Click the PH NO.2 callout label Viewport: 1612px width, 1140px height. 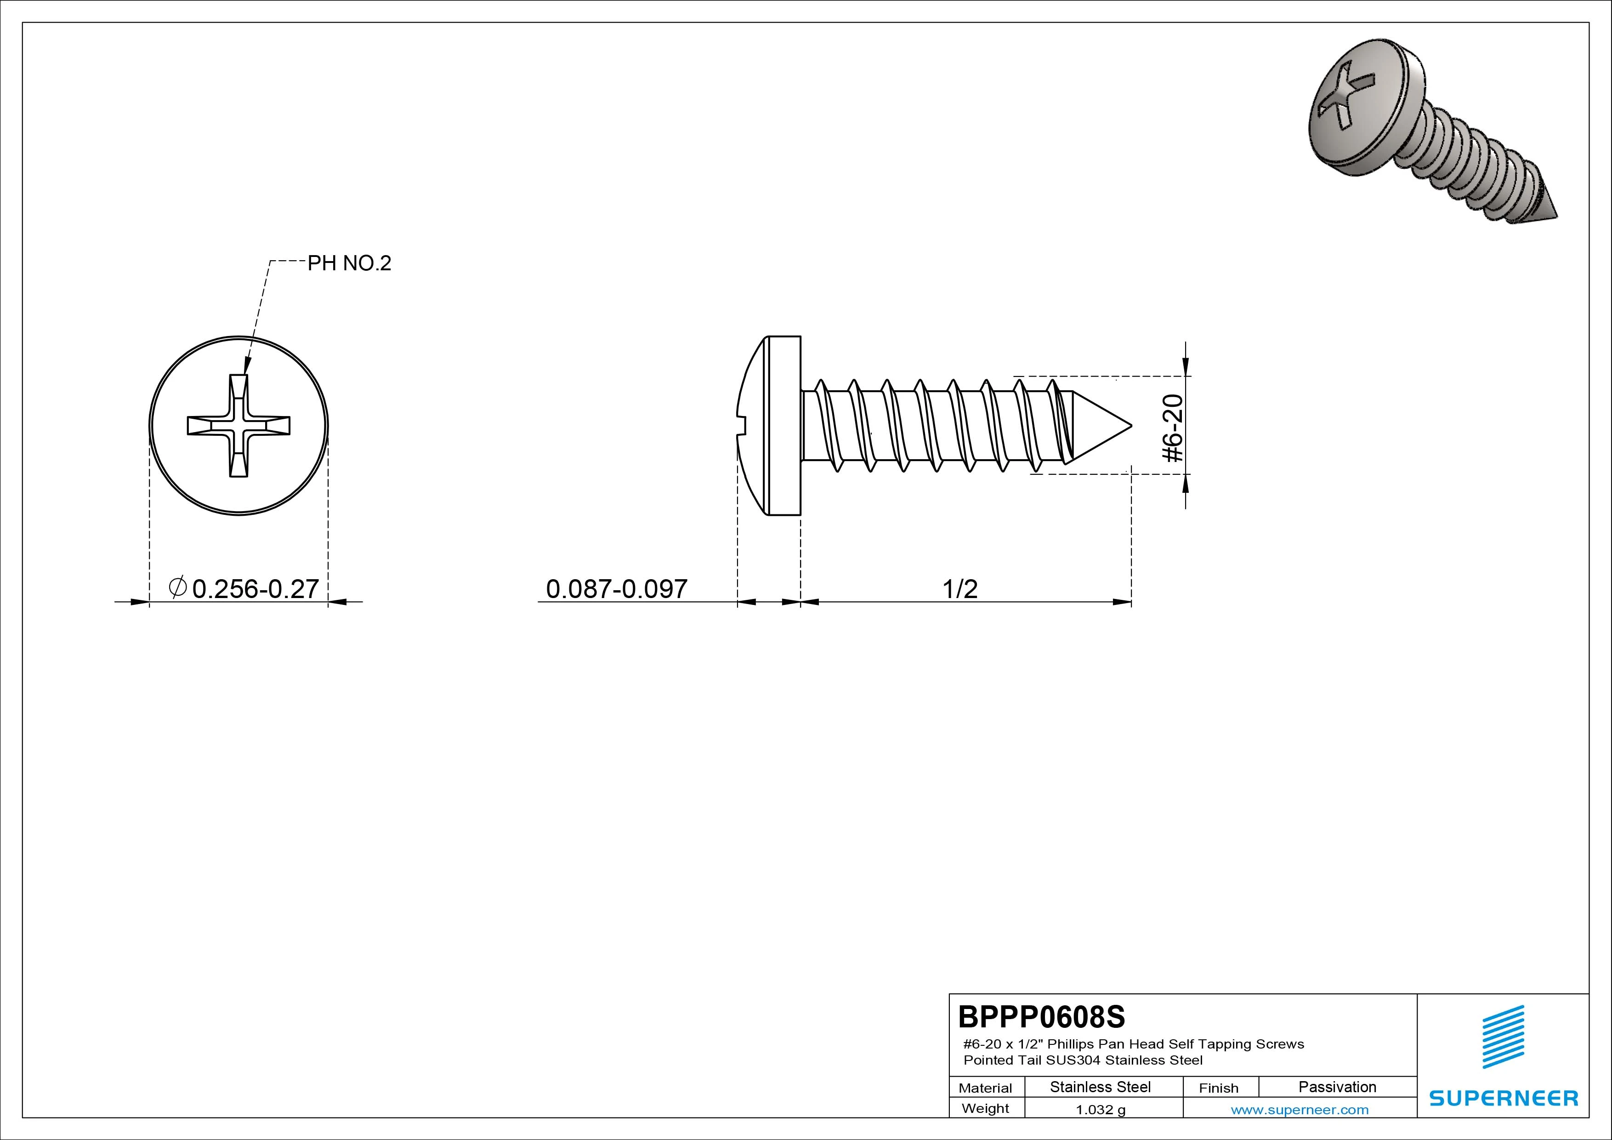[x=349, y=263]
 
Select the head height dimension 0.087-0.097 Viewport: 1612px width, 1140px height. [x=616, y=588]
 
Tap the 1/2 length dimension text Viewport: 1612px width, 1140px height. [x=960, y=588]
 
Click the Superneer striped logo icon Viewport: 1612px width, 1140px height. [x=1503, y=1037]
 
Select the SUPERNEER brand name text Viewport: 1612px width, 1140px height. [x=1503, y=1098]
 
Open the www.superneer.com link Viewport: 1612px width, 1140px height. [x=1300, y=1110]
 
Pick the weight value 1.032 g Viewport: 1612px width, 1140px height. [x=1100, y=1110]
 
